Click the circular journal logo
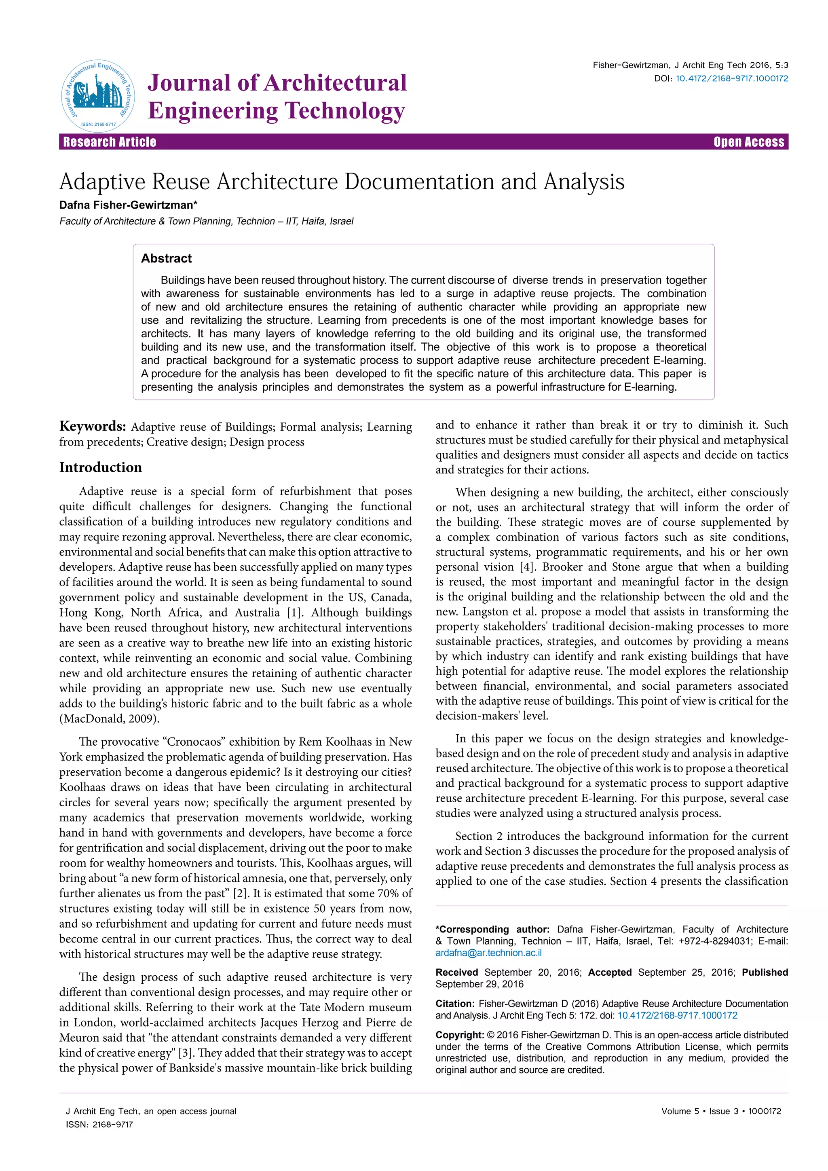[98, 96]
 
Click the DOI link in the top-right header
[732, 78]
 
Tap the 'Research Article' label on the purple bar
[110, 142]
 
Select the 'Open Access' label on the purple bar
[748, 142]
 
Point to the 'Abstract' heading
[166, 258]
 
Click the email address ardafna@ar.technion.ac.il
[488, 953]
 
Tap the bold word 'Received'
[457, 972]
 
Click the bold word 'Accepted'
[610, 972]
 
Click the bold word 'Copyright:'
[459, 1035]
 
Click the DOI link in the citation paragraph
[677, 1015]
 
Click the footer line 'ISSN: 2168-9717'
[99, 1124]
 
